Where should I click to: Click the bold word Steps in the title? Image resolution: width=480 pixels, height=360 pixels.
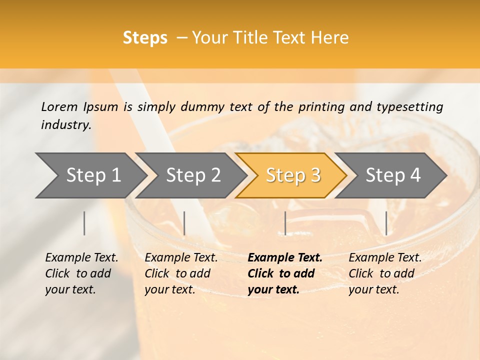pos(145,38)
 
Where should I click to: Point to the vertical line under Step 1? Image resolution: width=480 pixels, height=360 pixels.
pos(84,223)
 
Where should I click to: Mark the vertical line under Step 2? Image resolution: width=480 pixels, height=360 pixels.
pos(184,223)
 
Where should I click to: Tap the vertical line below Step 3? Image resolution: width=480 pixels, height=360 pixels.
pos(285,223)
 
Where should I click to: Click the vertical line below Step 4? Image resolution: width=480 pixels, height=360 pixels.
pos(386,223)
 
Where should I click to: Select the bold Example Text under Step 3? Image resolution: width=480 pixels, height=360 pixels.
pos(285,273)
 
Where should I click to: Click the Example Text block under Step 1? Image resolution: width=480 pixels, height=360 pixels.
pos(81,273)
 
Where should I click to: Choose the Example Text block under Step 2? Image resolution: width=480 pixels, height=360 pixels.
pos(181,273)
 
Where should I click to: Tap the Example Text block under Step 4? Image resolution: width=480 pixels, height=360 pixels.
pos(385,273)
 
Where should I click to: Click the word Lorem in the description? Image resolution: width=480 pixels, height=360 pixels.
pos(59,106)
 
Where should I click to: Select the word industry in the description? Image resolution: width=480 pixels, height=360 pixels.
pos(66,125)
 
